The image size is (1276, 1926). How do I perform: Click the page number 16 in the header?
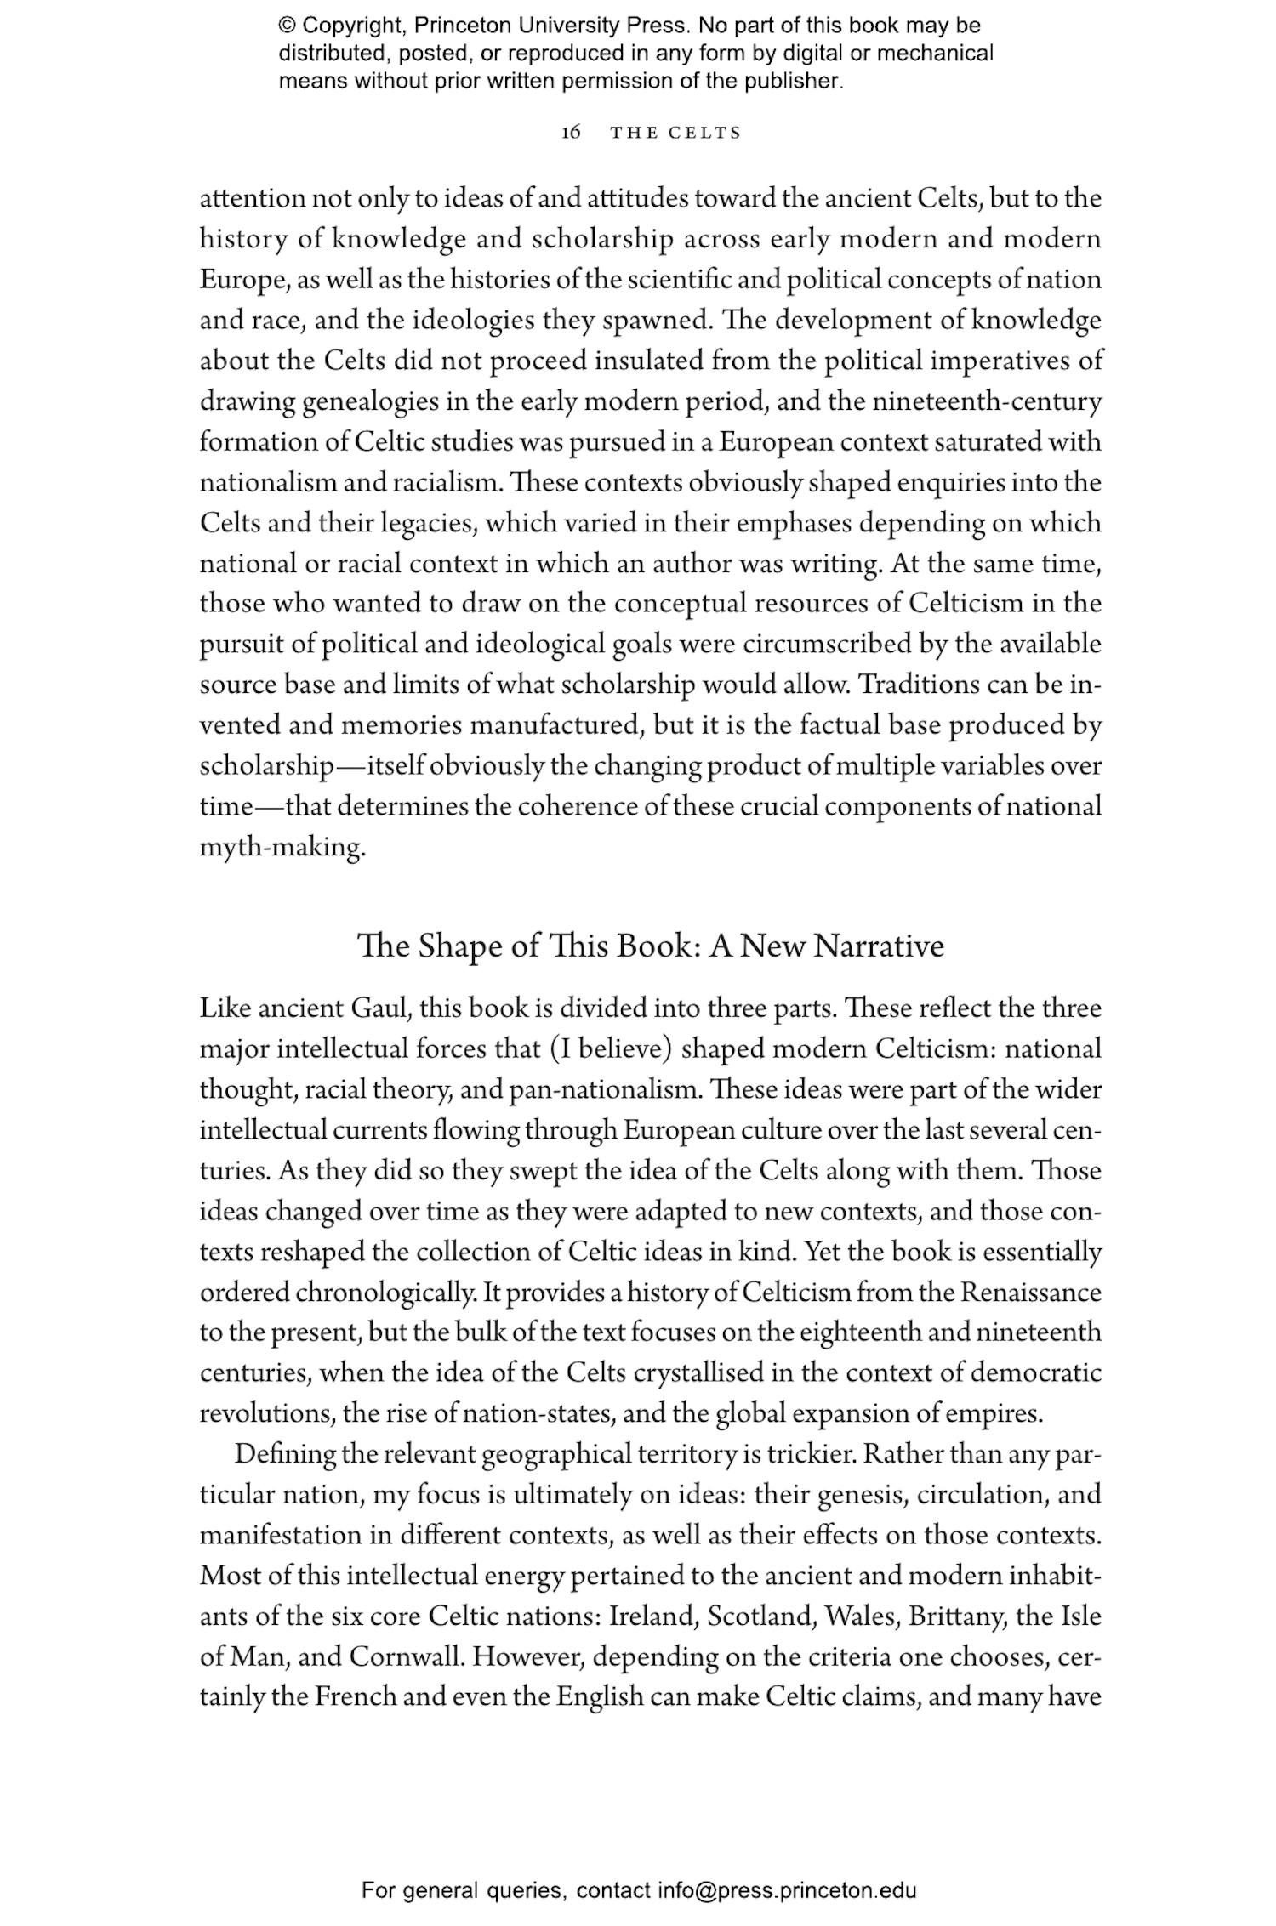click(571, 133)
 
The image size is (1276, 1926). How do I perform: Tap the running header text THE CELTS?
click(676, 133)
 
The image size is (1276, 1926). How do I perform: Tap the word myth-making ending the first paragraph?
click(282, 848)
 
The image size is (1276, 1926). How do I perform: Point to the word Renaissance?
click(1031, 1293)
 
